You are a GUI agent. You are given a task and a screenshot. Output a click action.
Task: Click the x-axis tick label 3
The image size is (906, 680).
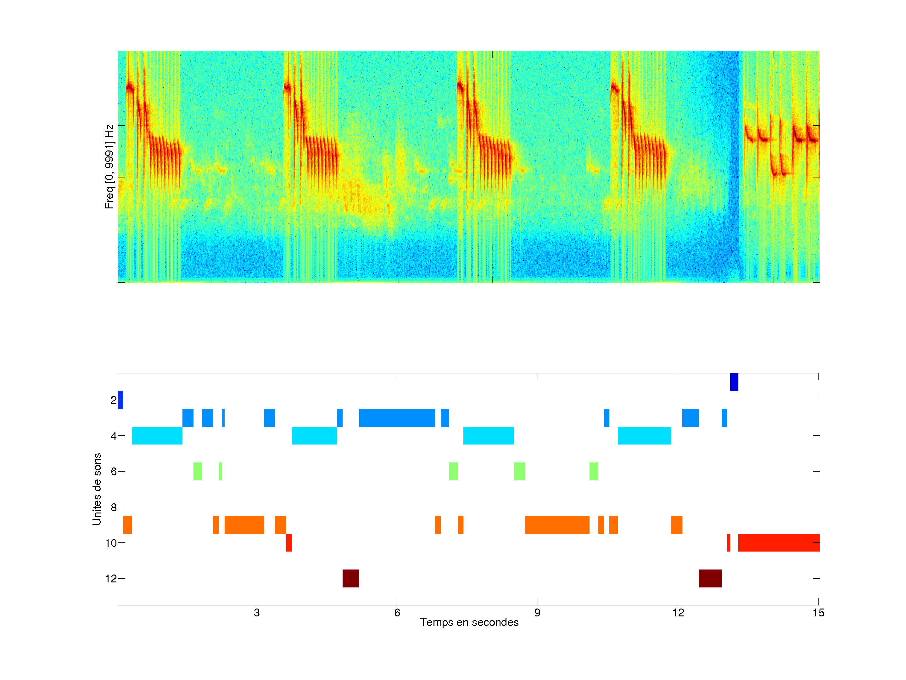[x=257, y=613]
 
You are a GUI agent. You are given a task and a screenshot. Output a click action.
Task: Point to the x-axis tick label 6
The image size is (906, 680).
[x=397, y=613]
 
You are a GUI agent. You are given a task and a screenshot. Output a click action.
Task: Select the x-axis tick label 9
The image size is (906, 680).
[x=537, y=613]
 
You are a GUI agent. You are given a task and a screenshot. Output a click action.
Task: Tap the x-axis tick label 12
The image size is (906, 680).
[x=678, y=613]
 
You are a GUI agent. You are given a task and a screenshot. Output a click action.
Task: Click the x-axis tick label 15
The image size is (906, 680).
[x=818, y=613]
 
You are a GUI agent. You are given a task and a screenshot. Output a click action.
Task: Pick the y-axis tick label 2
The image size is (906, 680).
[x=114, y=400]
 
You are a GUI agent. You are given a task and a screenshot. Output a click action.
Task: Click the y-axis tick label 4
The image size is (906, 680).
[x=114, y=436]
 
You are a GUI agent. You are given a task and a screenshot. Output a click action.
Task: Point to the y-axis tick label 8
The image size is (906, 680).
[x=114, y=507]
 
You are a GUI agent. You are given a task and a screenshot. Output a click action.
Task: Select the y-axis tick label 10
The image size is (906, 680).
[x=111, y=543]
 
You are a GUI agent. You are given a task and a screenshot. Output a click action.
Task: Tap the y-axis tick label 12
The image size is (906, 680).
[x=111, y=579]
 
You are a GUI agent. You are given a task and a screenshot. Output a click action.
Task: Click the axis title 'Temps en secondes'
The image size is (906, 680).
[x=469, y=622]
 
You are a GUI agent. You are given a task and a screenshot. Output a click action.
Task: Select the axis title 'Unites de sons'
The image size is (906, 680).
[x=97, y=489]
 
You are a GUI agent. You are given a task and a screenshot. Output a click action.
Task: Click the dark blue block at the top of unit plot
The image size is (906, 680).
[x=734, y=382]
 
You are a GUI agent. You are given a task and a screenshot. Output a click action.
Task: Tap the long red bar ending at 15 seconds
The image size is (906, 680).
[x=779, y=543]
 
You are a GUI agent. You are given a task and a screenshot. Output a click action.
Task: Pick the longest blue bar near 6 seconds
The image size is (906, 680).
[x=397, y=418]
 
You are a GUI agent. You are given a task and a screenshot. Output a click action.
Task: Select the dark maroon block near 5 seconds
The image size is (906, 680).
[x=351, y=578]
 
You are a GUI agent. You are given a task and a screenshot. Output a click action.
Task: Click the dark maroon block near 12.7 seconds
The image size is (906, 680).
[x=710, y=578]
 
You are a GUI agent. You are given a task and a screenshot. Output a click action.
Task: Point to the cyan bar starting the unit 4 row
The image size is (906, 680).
[x=157, y=436]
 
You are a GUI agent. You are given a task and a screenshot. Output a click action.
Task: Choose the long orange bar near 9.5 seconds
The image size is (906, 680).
[x=557, y=525]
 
